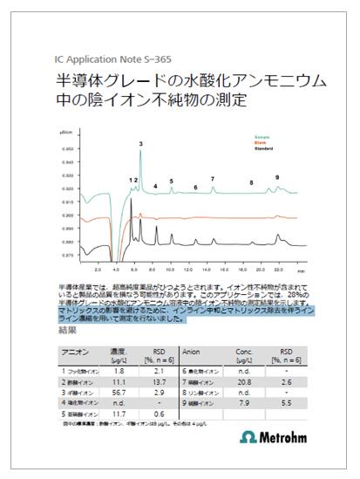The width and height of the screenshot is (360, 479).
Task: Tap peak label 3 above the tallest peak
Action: click(x=140, y=142)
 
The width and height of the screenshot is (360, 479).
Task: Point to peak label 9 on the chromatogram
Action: click(x=277, y=177)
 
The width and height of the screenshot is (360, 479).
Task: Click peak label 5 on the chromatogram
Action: click(x=171, y=181)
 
